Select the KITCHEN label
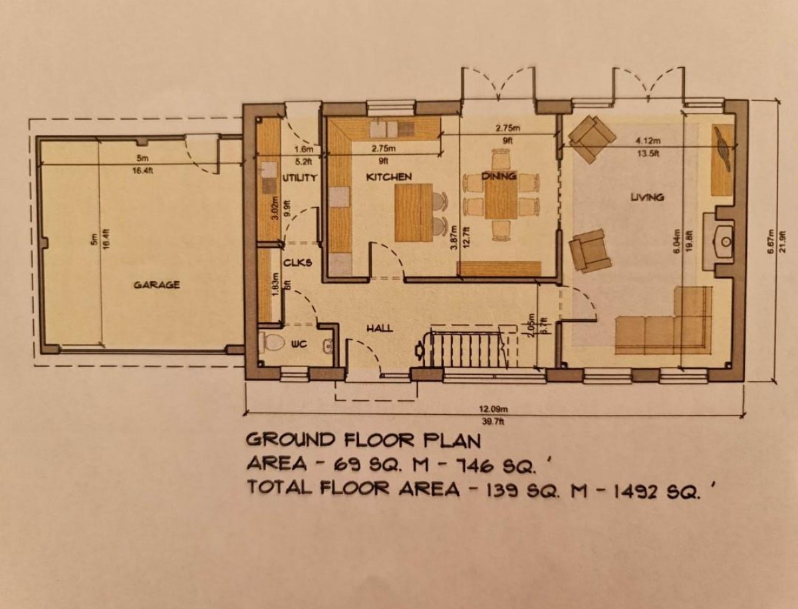(x=389, y=178)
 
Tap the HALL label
(x=379, y=328)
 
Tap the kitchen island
(x=413, y=212)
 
